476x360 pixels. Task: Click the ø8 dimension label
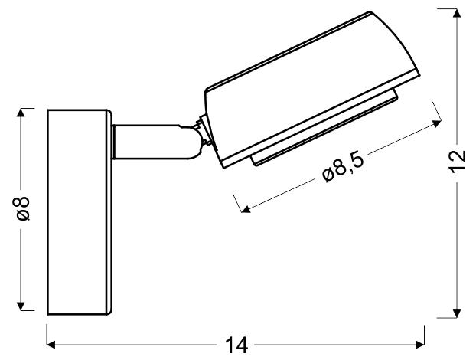[24, 208]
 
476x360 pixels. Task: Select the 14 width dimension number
[236, 345]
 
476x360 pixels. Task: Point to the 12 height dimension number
[457, 161]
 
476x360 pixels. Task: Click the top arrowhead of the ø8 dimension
[21, 113]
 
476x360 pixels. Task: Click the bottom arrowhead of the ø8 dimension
[21, 306]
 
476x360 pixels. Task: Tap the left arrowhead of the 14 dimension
[51, 345]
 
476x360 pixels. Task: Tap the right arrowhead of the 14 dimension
[420, 345]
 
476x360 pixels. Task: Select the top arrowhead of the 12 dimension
[457, 13]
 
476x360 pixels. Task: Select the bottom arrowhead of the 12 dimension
[457, 313]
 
